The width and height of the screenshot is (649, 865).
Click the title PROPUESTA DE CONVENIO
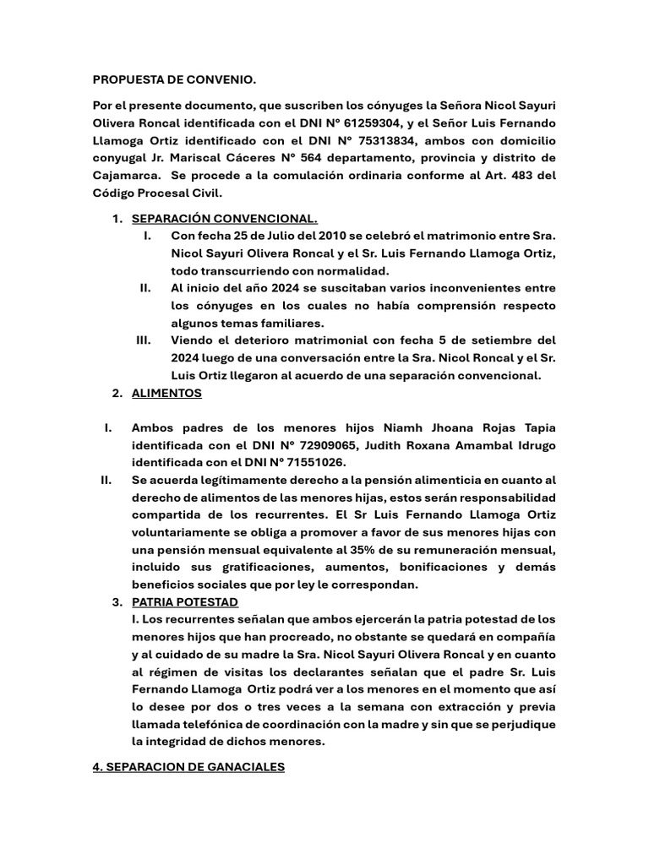click(x=173, y=80)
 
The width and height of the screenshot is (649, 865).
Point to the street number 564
click(x=323, y=158)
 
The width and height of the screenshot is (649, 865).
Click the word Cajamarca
click(x=127, y=176)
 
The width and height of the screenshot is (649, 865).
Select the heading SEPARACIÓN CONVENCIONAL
click(x=225, y=220)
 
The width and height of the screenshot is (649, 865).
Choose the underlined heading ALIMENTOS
click(x=166, y=393)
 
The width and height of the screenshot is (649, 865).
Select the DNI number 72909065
click(x=311, y=445)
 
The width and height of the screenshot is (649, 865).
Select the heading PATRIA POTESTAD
click(x=185, y=601)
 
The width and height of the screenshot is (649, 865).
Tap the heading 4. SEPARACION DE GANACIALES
click(x=189, y=767)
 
